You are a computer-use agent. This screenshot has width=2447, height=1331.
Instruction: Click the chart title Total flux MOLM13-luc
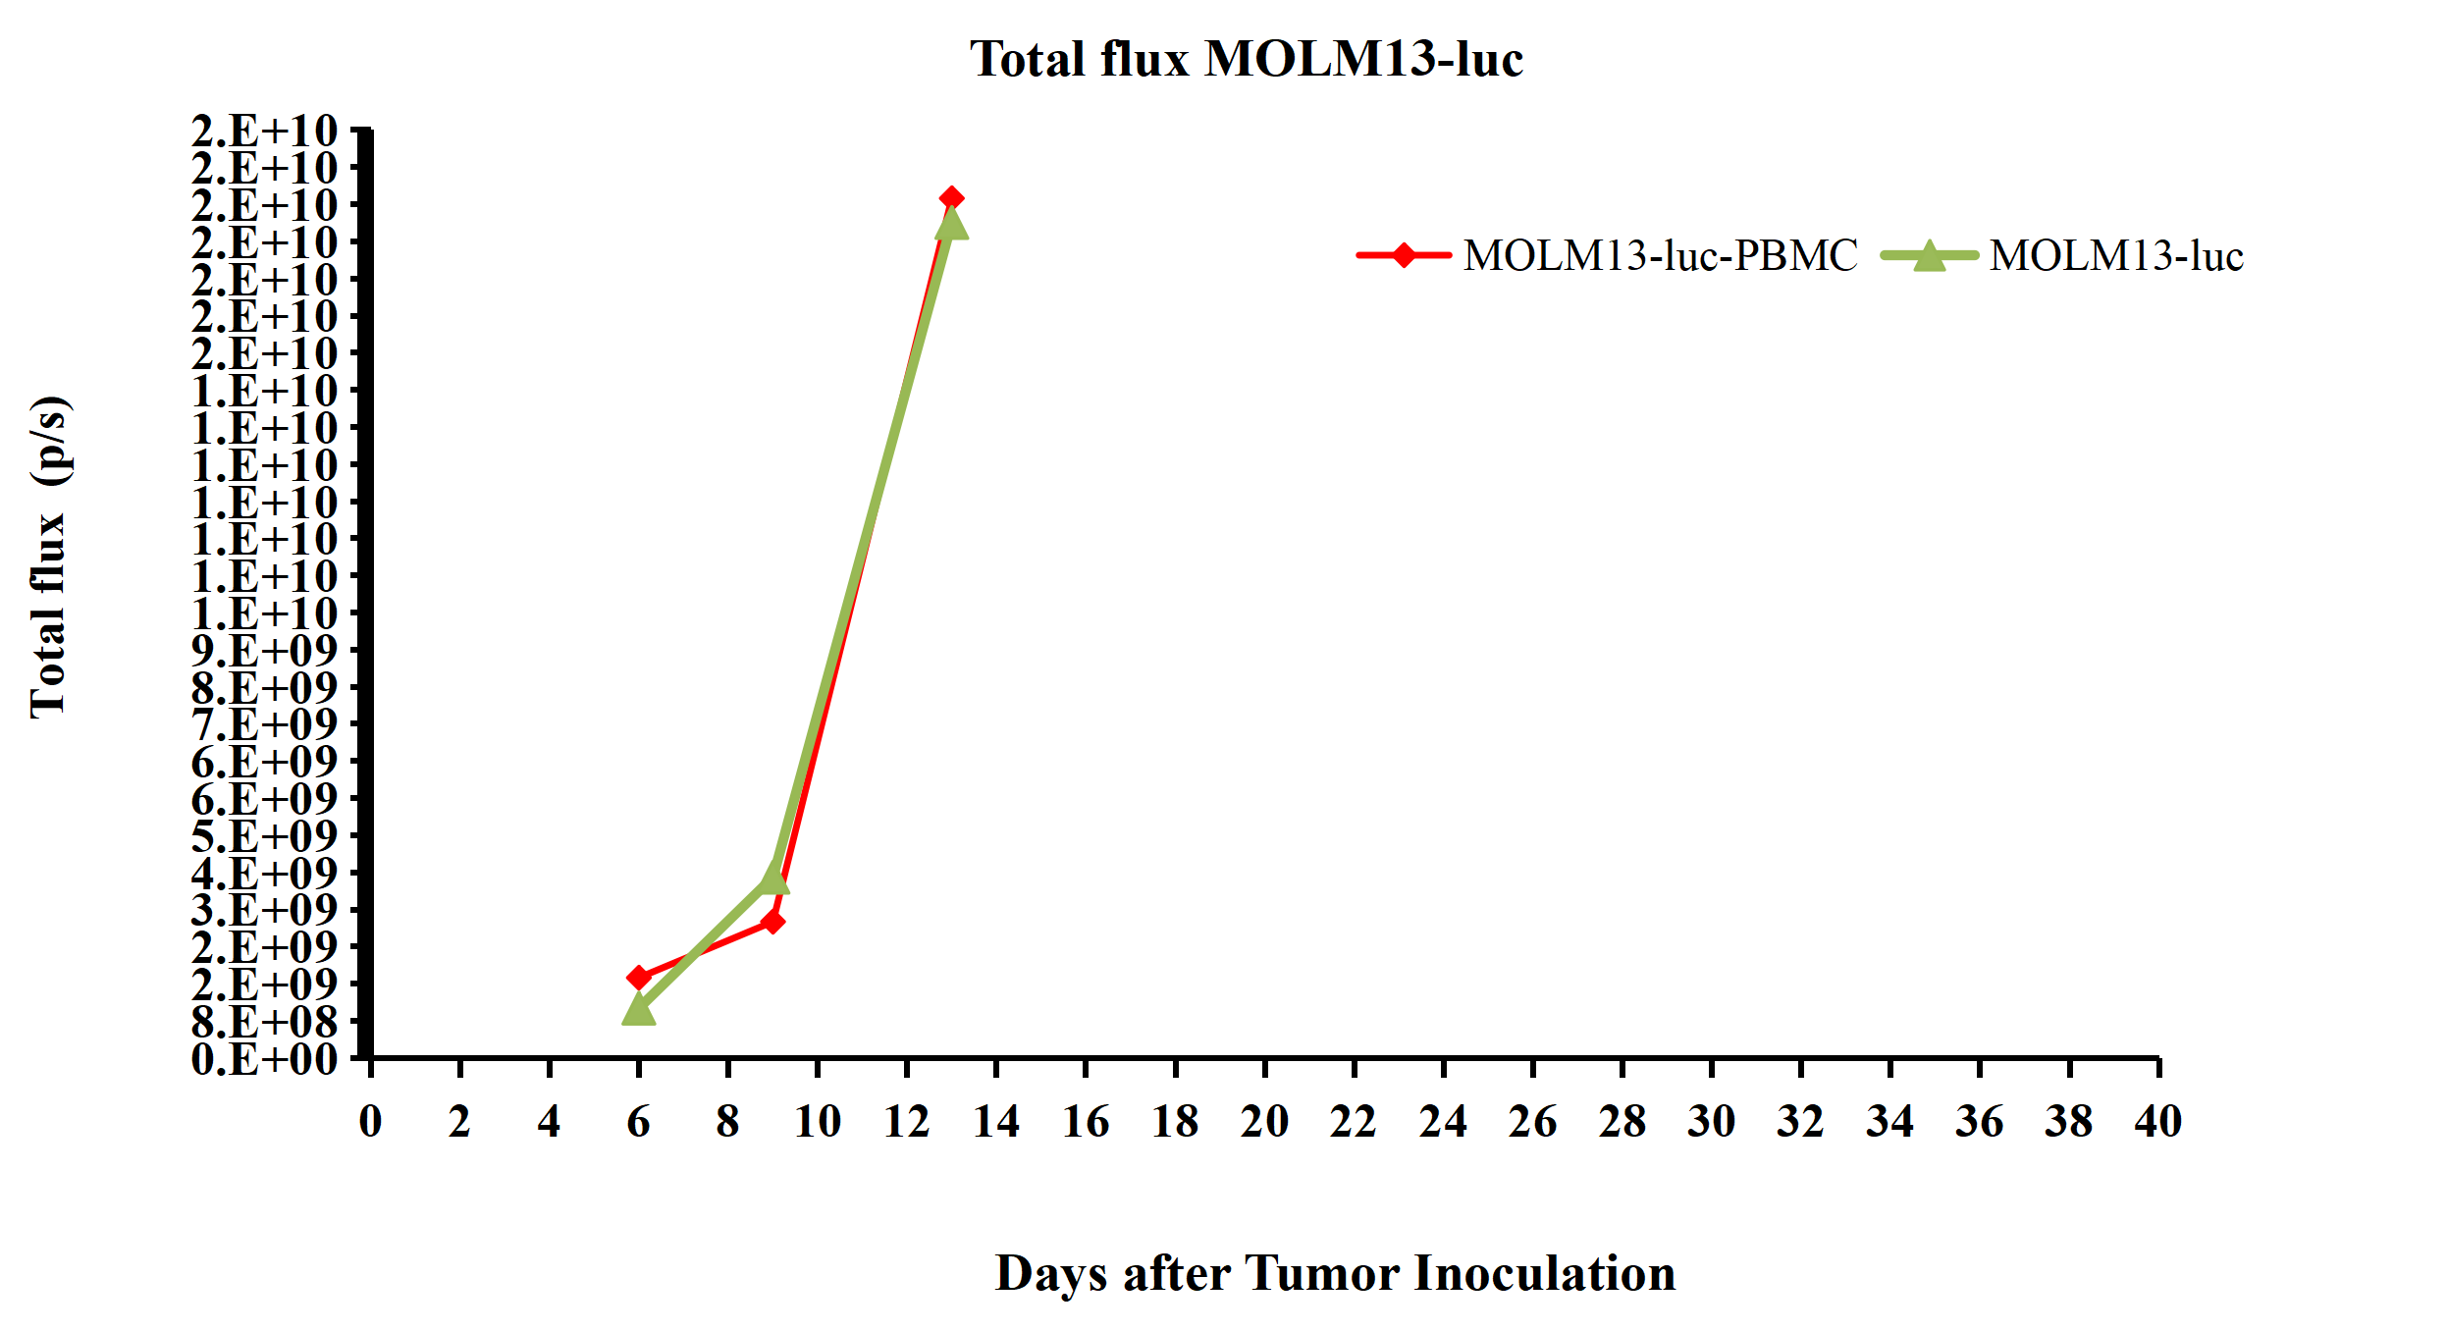click(1246, 59)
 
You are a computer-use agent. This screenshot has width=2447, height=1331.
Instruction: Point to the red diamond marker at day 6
click(639, 978)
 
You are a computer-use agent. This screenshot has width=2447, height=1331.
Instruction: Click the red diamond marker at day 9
click(772, 922)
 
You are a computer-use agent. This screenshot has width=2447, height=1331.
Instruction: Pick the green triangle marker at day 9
click(773, 878)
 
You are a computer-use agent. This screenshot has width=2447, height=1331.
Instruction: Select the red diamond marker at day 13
click(950, 199)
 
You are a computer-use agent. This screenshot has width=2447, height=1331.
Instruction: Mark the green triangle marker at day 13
click(951, 225)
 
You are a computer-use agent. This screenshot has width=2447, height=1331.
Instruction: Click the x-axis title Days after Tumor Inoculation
click(1335, 1274)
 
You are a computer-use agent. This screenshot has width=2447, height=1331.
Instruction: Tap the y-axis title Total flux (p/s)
click(49, 557)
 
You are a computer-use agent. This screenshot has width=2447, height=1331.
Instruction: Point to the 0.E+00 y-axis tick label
click(264, 1060)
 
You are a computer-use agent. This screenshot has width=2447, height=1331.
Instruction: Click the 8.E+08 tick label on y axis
click(264, 1023)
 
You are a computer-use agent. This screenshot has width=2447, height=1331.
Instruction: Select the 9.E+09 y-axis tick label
click(264, 651)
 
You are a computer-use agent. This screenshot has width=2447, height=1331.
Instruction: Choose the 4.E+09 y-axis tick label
click(264, 874)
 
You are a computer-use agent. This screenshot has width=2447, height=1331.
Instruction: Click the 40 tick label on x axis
click(2157, 1122)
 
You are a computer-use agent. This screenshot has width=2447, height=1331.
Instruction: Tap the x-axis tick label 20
click(1263, 1122)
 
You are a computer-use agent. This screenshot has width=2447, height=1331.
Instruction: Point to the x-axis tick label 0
click(370, 1122)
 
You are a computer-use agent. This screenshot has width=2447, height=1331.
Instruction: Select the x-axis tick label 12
click(906, 1122)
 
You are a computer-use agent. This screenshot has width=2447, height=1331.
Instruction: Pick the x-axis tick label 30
click(1711, 1122)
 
